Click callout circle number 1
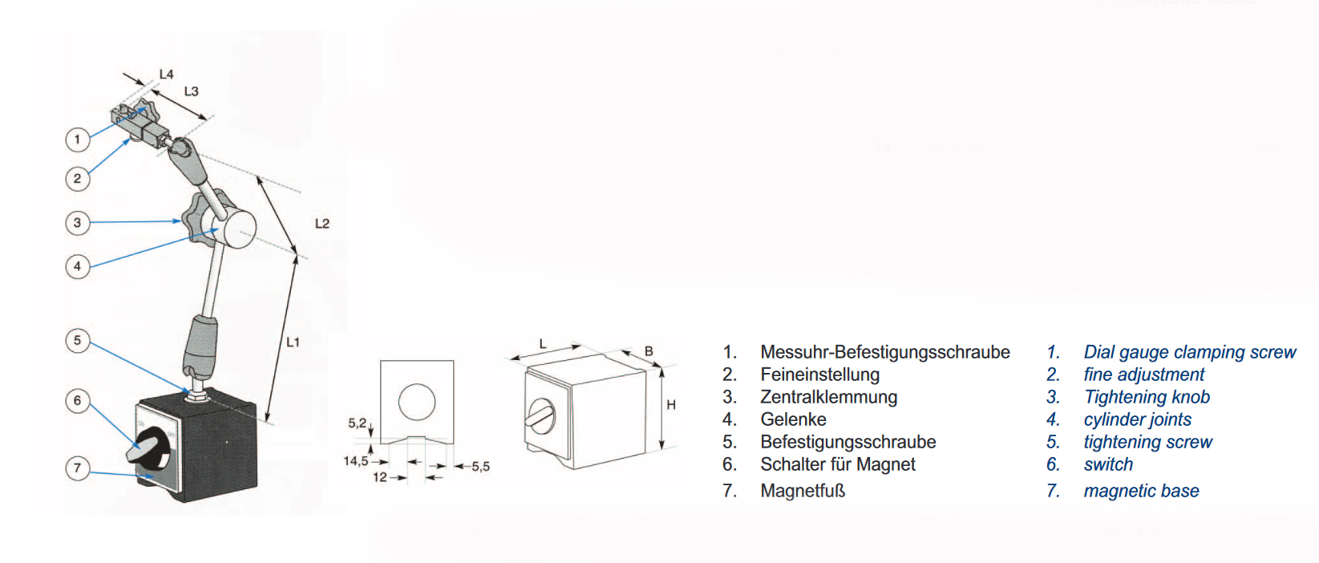(77, 140)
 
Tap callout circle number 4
(77, 266)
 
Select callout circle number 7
(77, 468)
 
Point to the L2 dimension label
(322, 224)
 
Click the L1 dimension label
(293, 342)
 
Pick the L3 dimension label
(192, 91)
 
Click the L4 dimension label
(167, 75)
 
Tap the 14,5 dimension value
(356, 461)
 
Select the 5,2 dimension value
(357, 423)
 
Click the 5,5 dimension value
(480, 467)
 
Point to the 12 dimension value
(380, 477)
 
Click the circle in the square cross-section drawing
(417, 402)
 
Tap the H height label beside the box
(670, 404)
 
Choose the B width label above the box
(649, 351)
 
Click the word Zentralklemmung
(828, 397)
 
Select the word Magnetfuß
(803, 491)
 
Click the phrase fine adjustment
(1144, 375)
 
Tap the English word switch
(1108, 464)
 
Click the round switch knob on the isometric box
(540, 415)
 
